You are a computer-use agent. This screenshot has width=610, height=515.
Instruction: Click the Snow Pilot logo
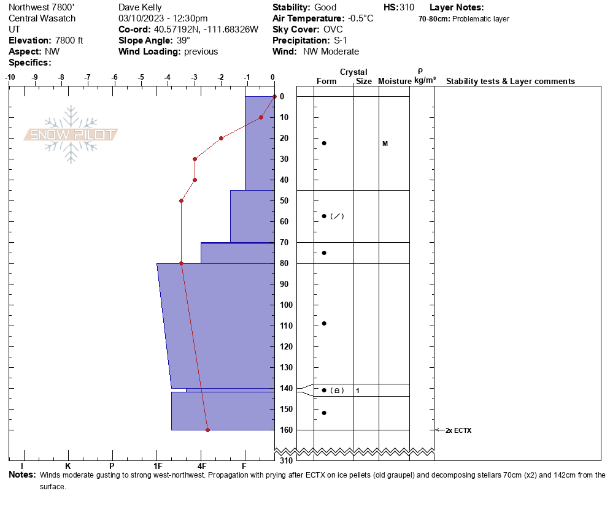point(71,135)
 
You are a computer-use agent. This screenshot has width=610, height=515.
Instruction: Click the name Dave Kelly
point(141,7)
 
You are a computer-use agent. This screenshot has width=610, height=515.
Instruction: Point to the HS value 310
point(406,7)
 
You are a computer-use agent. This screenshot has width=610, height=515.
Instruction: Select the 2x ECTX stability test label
point(458,430)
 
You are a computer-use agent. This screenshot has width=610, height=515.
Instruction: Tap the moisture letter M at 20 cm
point(385,143)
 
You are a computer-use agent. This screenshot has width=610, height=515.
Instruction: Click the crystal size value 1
point(358,391)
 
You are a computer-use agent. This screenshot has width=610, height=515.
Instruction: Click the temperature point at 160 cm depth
point(207,430)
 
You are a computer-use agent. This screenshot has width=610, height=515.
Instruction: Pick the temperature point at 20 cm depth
point(221,138)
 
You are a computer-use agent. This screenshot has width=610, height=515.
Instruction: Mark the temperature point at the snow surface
point(274,96)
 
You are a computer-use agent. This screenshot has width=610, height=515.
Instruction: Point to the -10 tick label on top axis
point(10,77)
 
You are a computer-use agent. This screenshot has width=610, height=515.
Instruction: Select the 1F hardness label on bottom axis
point(158,467)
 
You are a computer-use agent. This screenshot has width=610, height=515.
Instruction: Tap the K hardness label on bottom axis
point(68,467)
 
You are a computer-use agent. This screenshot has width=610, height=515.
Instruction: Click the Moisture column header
point(394,82)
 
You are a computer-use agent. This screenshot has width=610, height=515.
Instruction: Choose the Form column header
point(326,82)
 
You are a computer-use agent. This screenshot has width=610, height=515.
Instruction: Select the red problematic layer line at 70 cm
point(237,243)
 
